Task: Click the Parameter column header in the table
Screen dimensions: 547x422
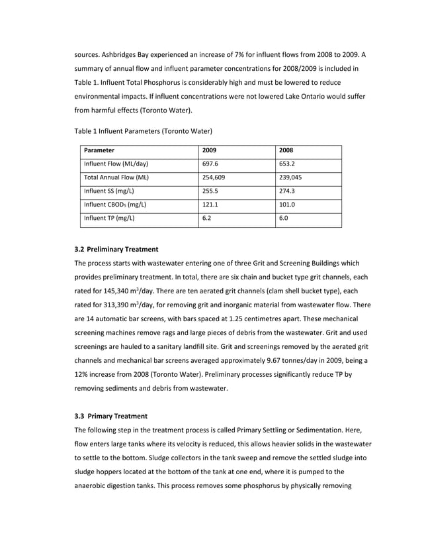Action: pyautogui.click(x=99, y=150)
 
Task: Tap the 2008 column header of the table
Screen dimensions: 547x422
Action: pyautogui.click(x=286, y=150)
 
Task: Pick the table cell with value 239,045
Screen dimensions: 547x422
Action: pyautogui.click(x=291, y=177)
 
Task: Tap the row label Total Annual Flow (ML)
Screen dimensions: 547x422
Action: pyautogui.click(x=116, y=177)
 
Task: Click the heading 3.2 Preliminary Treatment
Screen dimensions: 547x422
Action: pyautogui.click(x=116, y=249)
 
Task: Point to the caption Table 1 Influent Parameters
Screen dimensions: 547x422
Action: pyautogui.click(x=142, y=130)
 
